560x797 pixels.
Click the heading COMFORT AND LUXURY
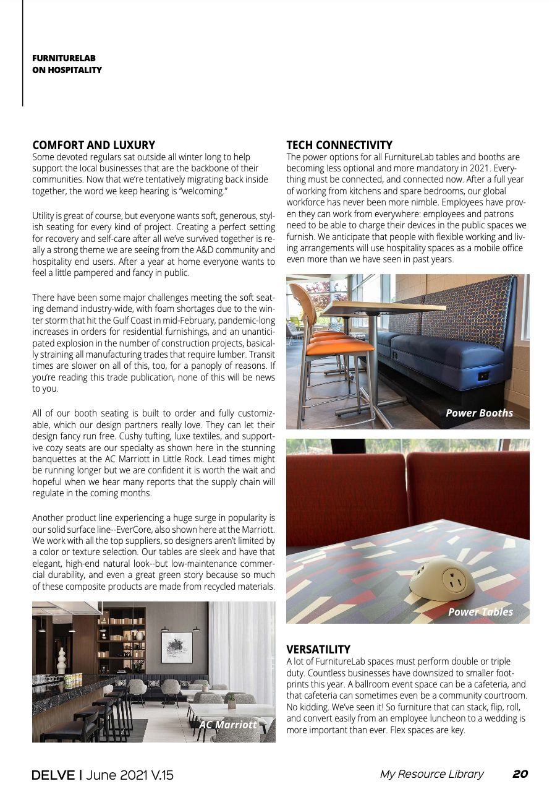point(93,145)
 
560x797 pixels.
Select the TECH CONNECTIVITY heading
point(339,145)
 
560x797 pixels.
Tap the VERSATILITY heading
point(318,649)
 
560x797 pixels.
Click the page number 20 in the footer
point(520,774)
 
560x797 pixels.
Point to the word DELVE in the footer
point(53,775)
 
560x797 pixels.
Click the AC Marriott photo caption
point(227,724)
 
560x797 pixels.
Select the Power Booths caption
point(479,413)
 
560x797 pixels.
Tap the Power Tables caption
point(480,612)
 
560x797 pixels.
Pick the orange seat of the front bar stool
point(344,347)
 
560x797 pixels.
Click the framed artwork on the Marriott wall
point(176,647)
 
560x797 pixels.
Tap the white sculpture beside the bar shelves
point(61,660)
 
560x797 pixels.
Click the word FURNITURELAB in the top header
point(64,58)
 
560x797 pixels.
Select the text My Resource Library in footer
point(431,774)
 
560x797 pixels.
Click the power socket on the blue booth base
point(483,376)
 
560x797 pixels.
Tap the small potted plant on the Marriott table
point(231,700)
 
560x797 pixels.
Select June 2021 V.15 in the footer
point(129,775)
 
